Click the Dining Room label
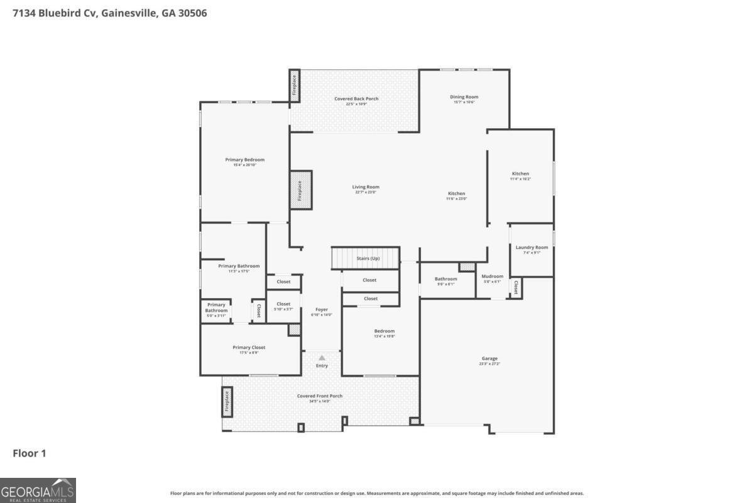click(464, 97)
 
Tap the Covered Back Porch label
click(356, 99)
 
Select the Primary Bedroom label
click(244, 160)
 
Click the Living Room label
click(365, 187)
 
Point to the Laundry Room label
click(532, 248)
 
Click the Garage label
click(489, 359)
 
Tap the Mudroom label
click(492, 277)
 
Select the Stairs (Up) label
click(368, 258)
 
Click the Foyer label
click(321, 309)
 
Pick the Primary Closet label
click(249, 348)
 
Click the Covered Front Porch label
click(320, 396)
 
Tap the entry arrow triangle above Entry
click(322, 358)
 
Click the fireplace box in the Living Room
click(300, 188)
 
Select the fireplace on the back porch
click(294, 86)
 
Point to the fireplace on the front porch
click(227, 402)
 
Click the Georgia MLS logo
click(38, 490)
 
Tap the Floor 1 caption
click(30, 453)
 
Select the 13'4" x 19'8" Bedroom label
click(385, 331)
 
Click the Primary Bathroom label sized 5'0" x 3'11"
click(216, 308)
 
